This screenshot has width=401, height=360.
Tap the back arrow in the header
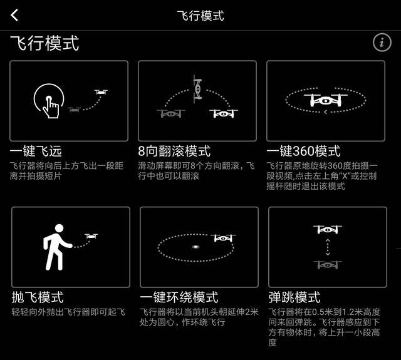point(14,15)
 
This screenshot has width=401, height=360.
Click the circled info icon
point(382,42)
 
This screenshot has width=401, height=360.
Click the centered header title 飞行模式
point(200,16)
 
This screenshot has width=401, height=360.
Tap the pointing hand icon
point(51,107)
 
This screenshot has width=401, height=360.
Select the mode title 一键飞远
point(36,151)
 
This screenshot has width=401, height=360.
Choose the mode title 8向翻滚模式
point(174,151)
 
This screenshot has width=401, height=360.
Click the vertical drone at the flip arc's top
point(198,89)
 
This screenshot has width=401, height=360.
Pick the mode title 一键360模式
point(303,151)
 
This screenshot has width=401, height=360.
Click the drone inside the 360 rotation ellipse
point(326,100)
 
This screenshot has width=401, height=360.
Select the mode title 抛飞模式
point(38,297)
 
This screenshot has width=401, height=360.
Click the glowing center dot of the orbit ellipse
point(195,247)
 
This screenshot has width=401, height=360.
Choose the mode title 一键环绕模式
point(179,297)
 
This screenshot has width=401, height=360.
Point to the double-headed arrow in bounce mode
point(328,247)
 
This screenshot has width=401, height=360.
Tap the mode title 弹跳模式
point(294,297)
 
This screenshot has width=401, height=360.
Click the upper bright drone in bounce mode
point(328,229)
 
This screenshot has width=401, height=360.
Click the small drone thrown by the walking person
point(91,236)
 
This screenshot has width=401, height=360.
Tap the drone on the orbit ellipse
point(223,238)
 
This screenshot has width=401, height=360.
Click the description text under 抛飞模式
point(68,312)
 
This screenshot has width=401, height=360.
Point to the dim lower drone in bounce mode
point(328,265)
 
